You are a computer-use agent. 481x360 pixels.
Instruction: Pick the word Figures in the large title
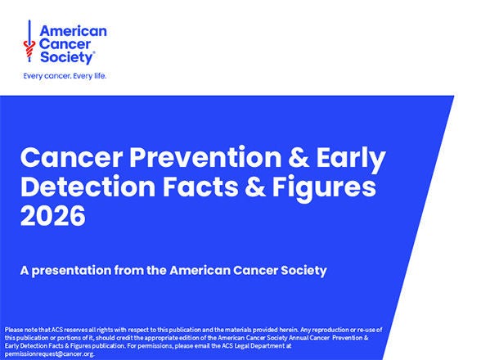coord(317,187)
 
